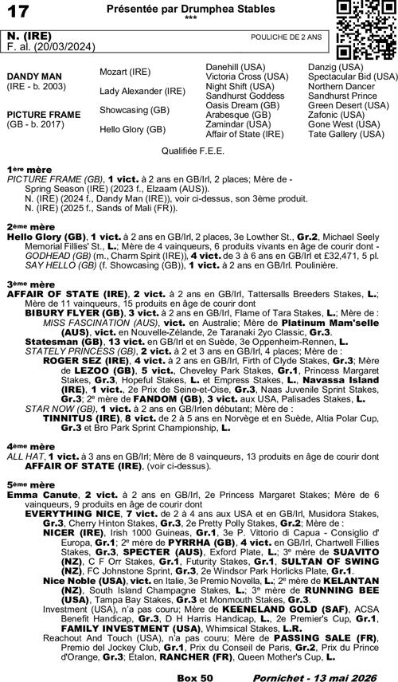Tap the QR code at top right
(363, 30)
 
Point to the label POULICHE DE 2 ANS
(286, 37)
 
